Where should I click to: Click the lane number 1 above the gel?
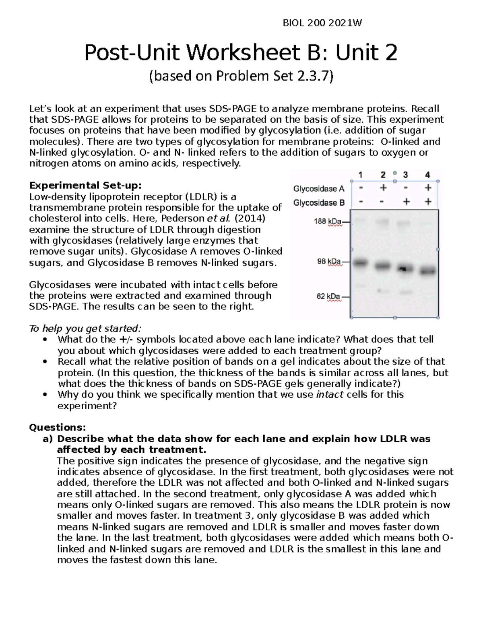pyautogui.click(x=361, y=175)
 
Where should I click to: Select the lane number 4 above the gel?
pyautogui.click(x=427, y=175)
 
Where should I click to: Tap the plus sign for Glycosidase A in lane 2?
pyautogui.click(x=383, y=188)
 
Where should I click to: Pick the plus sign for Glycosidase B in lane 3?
pyautogui.click(x=406, y=202)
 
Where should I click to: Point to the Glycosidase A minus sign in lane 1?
pyautogui.click(x=361, y=188)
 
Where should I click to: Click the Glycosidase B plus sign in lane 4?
pyautogui.click(x=428, y=202)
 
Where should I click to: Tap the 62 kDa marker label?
pyautogui.click(x=328, y=297)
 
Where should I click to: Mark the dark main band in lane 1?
pyautogui.click(x=361, y=262)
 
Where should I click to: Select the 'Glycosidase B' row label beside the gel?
pyautogui.click(x=319, y=203)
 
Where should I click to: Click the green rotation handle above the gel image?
pyautogui.click(x=395, y=173)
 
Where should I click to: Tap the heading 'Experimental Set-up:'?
pyautogui.click(x=85, y=186)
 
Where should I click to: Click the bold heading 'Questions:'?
pyautogui.click(x=58, y=427)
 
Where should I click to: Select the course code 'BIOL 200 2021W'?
pyautogui.click(x=322, y=23)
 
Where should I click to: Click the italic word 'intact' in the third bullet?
pyautogui.click(x=330, y=394)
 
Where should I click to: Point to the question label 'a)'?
pyautogui.click(x=47, y=438)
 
